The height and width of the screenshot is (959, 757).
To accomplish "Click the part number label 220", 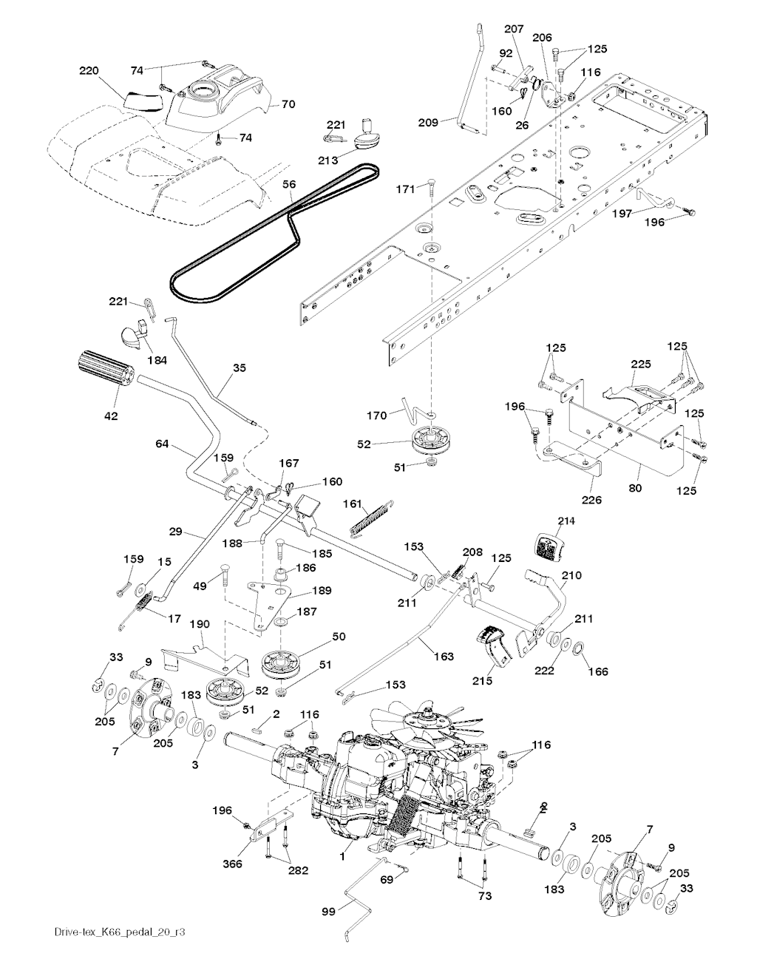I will coord(89,71).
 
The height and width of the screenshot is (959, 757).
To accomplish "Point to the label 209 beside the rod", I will coord(428,121).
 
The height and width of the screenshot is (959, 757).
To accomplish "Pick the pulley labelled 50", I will coord(283,660).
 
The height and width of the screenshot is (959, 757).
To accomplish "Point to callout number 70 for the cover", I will coord(288,104).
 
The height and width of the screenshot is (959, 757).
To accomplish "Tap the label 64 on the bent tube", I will coord(163,444).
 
